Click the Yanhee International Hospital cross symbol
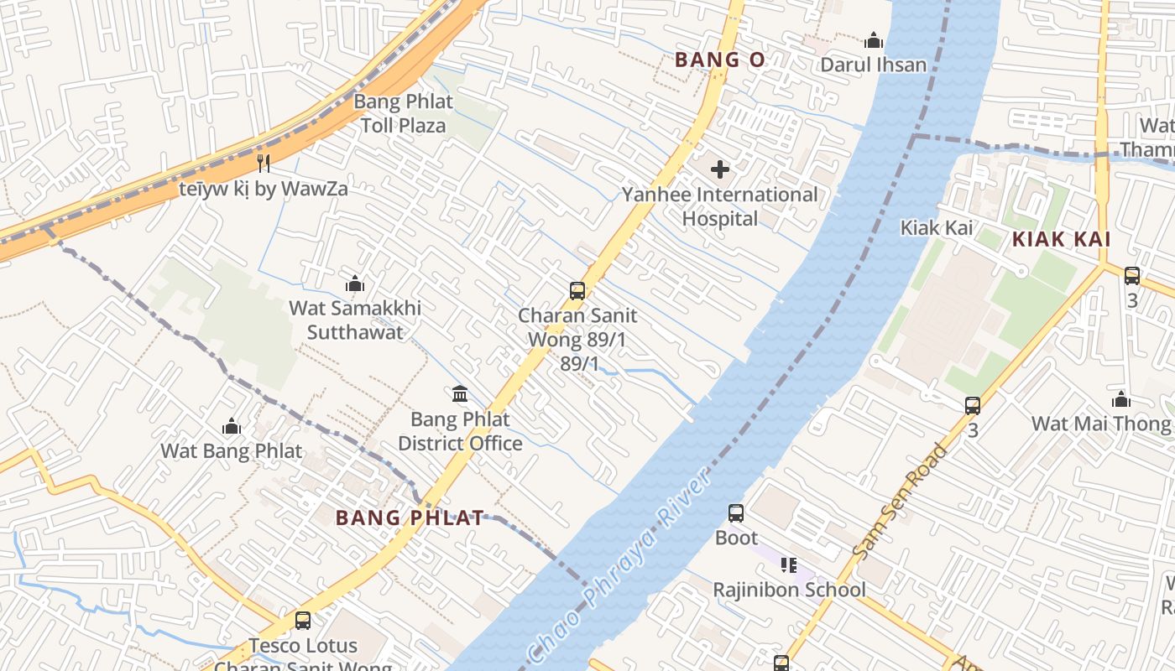719,169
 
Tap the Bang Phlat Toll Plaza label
403,113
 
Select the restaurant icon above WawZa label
264,163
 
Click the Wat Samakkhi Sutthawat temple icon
355,283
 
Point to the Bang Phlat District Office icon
460,393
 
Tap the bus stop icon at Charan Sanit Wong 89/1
577,291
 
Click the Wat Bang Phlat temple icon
232,426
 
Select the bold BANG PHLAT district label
410,518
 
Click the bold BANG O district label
719,60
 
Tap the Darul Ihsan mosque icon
874,40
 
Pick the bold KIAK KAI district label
1061,239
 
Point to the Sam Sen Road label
899,502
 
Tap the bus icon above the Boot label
736,512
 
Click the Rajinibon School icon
788,565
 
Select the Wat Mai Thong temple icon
1120,398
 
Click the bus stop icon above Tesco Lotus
303,621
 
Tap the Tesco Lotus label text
303,646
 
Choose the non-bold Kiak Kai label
936,227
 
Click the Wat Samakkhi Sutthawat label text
355,320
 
